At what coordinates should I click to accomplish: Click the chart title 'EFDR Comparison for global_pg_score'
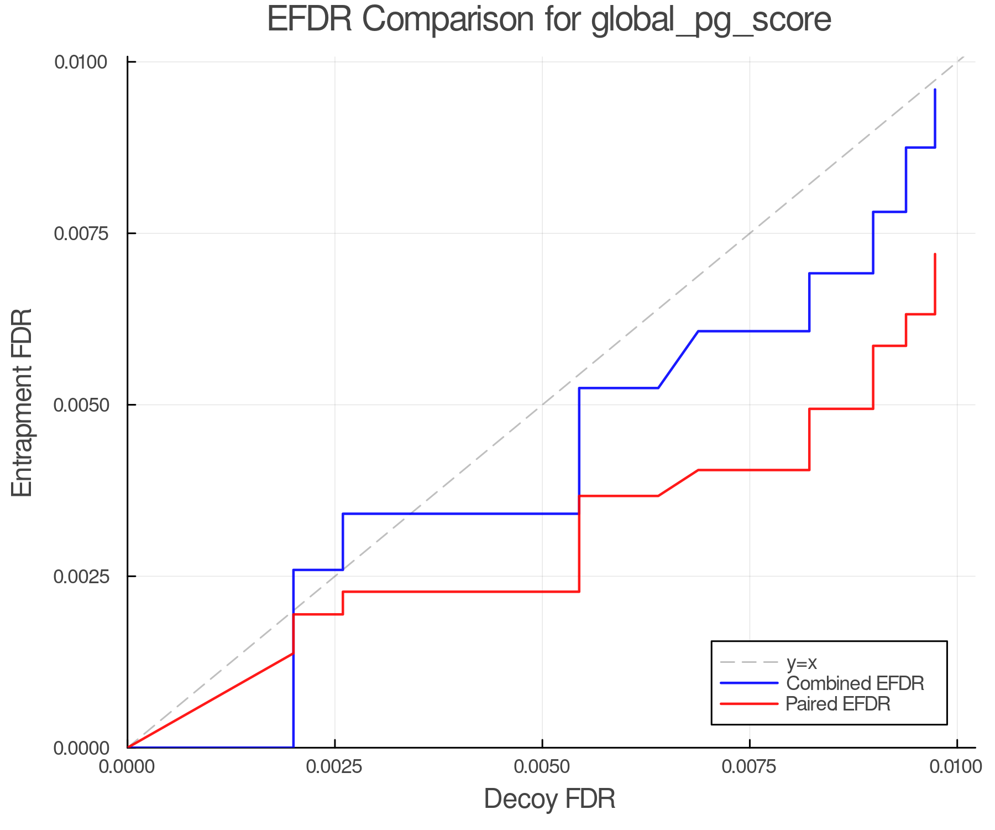click(549, 20)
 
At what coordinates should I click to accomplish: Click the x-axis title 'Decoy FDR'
click(549, 799)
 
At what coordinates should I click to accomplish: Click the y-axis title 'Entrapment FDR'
click(23, 403)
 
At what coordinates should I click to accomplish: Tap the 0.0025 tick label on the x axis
click(334, 767)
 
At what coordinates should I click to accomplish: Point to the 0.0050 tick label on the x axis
click(542, 767)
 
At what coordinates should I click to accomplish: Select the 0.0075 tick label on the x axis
click(749, 767)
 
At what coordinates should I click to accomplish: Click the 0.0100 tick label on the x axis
click(956, 767)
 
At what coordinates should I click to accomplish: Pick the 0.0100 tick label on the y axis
click(81, 62)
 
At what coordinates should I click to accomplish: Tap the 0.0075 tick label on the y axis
click(81, 234)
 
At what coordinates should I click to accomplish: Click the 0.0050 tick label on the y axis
click(81, 405)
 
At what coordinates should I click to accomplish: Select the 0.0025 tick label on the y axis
click(81, 577)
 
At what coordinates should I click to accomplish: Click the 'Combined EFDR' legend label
click(855, 683)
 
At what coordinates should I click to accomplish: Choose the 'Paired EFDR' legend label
click(838, 704)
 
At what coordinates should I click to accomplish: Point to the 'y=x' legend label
click(802, 662)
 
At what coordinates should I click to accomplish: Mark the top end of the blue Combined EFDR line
click(935, 90)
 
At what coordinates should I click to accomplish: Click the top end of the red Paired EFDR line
click(935, 255)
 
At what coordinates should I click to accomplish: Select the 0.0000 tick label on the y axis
click(81, 748)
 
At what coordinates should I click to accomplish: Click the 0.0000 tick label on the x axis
click(127, 767)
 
